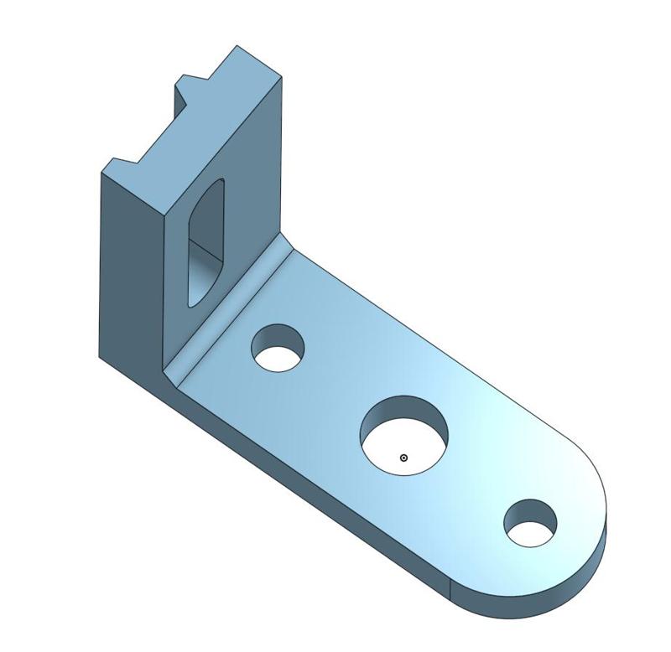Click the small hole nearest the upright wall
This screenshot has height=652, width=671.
[x=278, y=348]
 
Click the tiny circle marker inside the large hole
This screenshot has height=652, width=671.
[x=403, y=458]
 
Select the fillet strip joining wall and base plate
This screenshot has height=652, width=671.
[x=226, y=310]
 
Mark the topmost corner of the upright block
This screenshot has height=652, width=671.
[x=237, y=45]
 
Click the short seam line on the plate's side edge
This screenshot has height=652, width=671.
[x=450, y=590]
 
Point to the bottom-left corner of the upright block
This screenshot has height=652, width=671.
[x=100, y=357]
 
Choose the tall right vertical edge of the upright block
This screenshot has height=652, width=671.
[x=281, y=159]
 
